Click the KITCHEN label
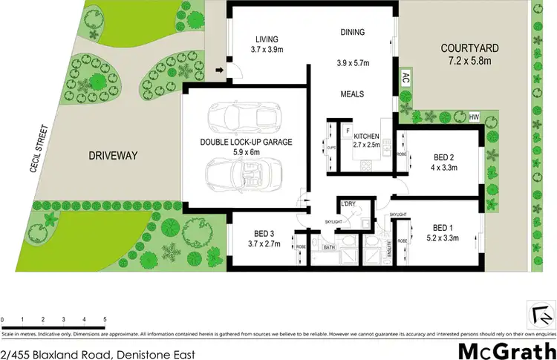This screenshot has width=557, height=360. coord(367,137)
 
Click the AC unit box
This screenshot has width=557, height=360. coord(405,78)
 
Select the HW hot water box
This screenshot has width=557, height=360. coord(475,117)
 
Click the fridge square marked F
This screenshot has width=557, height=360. coord(347,131)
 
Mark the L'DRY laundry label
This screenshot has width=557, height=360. coord(348,204)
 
